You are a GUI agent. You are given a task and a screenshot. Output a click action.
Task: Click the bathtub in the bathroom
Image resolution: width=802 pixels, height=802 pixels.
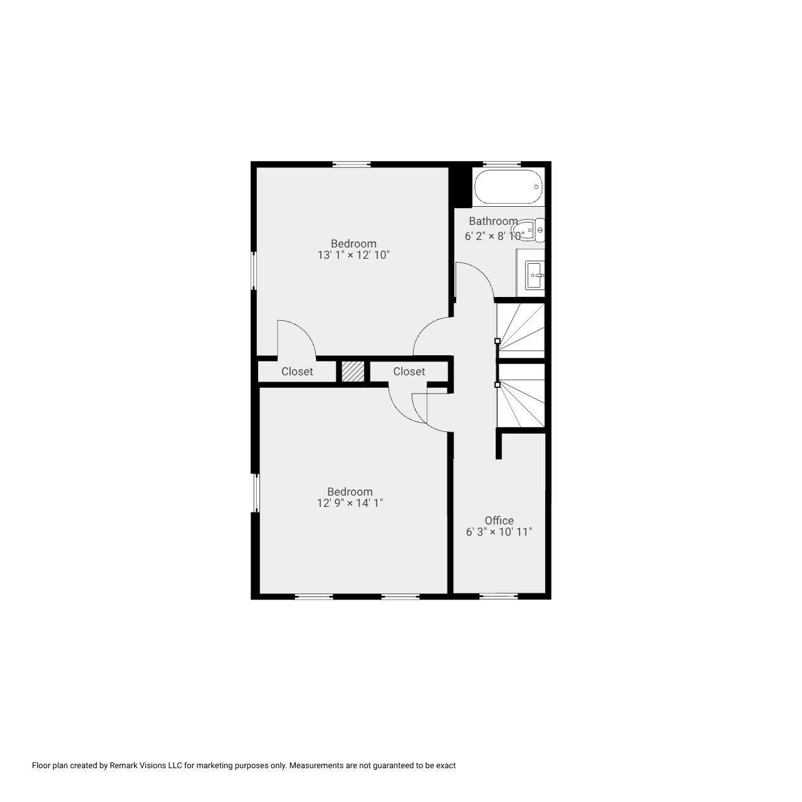[x=508, y=187]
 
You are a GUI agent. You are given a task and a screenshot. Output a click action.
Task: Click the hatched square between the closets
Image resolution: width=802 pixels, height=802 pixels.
[x=353, y=371]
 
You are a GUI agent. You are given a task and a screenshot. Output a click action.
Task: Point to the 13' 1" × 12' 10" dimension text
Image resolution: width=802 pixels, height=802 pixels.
[x=353, y=256]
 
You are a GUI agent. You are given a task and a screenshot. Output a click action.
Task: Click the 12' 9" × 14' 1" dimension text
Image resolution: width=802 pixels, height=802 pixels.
[x=350, y=503]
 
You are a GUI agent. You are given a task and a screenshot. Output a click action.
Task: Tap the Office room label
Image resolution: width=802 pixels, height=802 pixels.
[x=499, y=521]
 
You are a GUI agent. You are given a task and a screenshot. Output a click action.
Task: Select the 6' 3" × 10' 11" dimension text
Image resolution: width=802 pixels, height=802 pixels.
[x=499, y=533]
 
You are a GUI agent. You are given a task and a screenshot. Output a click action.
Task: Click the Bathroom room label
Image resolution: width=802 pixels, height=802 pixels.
[x=493, y=221]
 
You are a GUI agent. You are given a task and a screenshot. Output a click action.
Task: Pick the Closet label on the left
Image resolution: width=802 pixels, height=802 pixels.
[x=297, y=372]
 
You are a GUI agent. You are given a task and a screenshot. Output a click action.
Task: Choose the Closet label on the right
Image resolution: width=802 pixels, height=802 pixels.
[x=409, y=372]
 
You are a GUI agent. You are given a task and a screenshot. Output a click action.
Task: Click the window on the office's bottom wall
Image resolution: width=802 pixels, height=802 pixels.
[x=499, y=596]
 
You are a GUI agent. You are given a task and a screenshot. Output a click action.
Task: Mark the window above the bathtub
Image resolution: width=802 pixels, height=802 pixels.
[x=503, y=164]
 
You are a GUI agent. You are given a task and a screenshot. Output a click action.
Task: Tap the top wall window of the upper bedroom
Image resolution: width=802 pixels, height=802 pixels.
[x=352, y=164]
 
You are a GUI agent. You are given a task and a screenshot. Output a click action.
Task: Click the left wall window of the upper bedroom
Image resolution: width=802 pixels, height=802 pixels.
[x=254, y=271]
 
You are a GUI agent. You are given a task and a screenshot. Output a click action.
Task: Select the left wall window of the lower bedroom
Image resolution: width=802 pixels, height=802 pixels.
[x=256, y=493]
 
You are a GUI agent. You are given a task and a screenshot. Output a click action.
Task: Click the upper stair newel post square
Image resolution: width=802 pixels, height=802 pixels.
[x=497, y=341]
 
